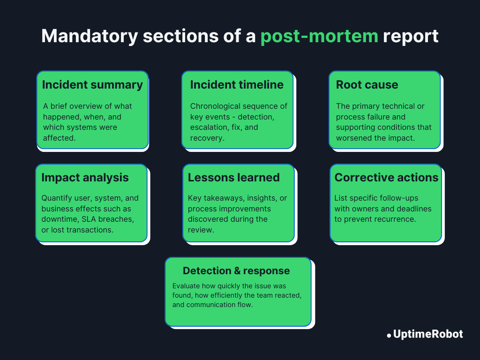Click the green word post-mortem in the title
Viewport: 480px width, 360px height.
tap(319, 36)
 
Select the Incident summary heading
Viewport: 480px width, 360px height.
tap(92, 85)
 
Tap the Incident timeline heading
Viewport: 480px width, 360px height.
tap(237, 85)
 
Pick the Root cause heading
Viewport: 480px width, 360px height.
tap(367, 85)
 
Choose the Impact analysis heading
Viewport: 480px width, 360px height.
tap(85, 178)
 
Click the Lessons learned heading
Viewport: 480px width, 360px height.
tap(233, 178)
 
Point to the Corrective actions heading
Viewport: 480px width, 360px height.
tap(386, 178)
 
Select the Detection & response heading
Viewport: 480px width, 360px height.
tap(236, 271)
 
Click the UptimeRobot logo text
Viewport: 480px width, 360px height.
tap(428, 334)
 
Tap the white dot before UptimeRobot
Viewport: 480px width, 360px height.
tap(389, 336)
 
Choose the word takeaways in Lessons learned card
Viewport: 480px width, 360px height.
tap(223, 198)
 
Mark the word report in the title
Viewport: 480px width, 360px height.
tap(411, 36)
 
